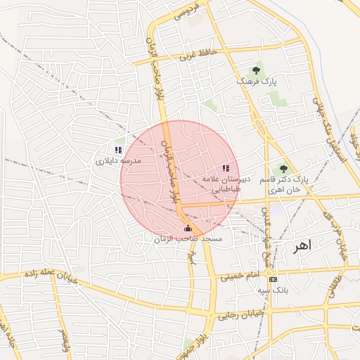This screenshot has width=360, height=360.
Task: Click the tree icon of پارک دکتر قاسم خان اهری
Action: [283, 169]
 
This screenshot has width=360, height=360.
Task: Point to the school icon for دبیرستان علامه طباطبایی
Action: [226, 167]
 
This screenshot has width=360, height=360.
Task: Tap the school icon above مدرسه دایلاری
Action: [118, 150]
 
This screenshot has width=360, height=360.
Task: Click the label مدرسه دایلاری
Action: [119, 161]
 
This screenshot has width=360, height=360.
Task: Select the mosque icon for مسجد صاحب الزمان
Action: [188, 229]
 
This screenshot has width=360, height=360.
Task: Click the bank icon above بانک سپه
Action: [274, 279]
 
